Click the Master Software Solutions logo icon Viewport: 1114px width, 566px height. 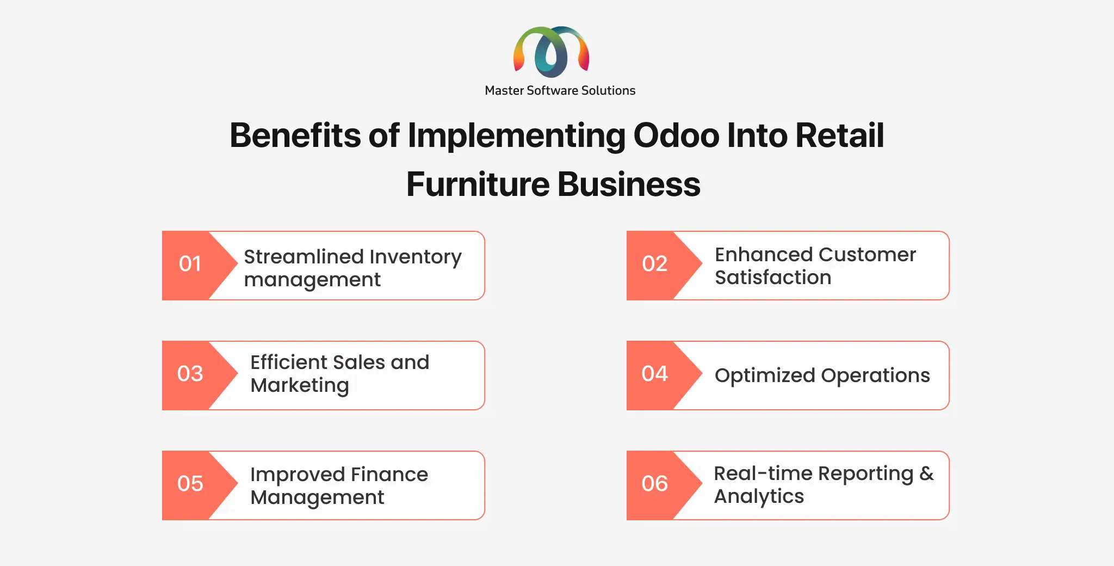click(551, 52)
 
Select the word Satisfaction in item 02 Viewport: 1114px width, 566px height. click(773, 278)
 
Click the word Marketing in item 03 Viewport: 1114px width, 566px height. click(300, 386)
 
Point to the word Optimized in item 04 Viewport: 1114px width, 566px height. click(765, 376)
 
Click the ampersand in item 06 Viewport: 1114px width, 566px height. click(927, 473)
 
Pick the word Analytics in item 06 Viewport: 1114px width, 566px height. click(759, 497)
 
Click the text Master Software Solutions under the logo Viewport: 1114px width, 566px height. click(560, 90)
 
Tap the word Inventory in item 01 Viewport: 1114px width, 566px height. click(416, 257)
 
